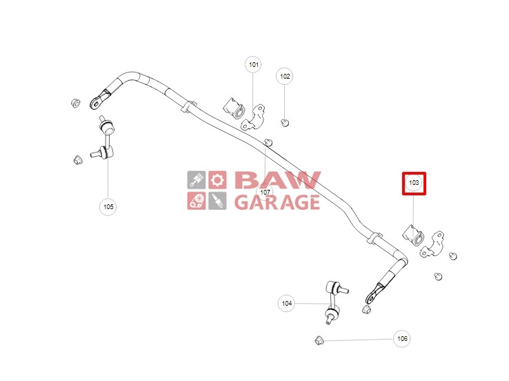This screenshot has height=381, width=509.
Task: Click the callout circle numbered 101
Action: (x=254, y=65)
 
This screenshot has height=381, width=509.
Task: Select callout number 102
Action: (x=285, y=77)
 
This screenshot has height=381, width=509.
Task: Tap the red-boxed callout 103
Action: (x=415, y=183)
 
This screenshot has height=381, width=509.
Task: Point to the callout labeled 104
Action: (x=287, y=302)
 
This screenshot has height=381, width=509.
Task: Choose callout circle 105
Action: (x=108, y=206)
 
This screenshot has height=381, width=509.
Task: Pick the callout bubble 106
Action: (x=402, y=338)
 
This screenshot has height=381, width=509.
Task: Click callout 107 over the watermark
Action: (x=266, y=191)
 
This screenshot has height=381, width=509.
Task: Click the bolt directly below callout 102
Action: (x=285, y=123)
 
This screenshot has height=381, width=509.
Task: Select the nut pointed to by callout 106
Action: (x=319, y=340)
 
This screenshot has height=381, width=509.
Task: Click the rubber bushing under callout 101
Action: (x=237, y=110)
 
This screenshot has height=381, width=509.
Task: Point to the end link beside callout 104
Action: (x=334, y=300)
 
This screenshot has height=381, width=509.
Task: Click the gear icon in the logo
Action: (x=217, y=180)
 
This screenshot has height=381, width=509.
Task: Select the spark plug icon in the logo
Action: (x=217, y=201)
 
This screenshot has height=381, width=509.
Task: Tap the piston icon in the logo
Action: (x=197, y=180)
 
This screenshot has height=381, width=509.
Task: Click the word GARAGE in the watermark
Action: (x=277, y=202)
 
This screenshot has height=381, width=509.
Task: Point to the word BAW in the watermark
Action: (x=277, y=180)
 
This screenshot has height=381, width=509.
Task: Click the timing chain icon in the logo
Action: (x=197, y=201)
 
